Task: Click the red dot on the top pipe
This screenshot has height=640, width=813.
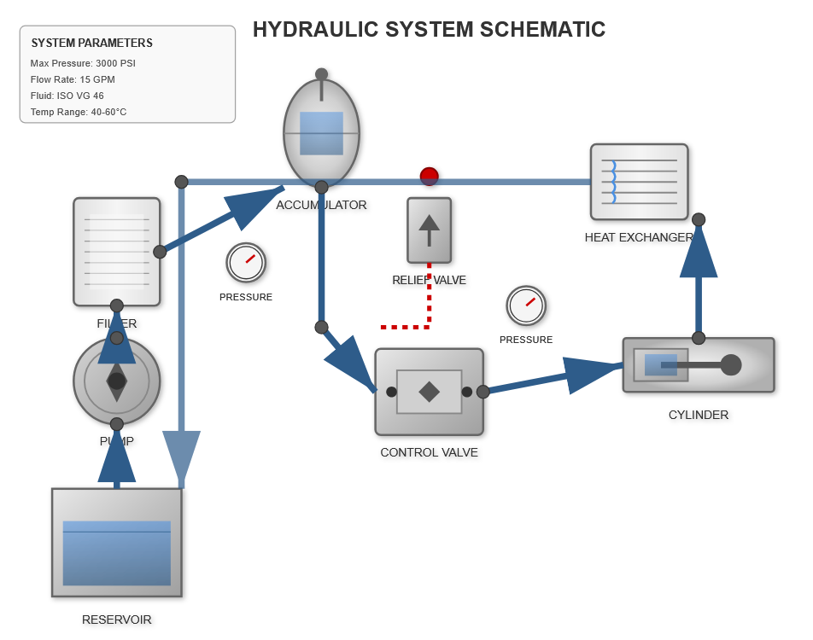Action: tap(430, 177)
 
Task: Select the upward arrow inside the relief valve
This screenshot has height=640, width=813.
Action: tap(430, 227)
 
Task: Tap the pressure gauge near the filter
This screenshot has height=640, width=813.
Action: tap(246, 263)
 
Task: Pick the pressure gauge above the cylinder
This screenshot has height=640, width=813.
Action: tap(526, 305)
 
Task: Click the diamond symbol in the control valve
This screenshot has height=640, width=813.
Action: tap(430, 392)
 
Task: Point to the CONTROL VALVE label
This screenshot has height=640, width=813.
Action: tap(429, 452)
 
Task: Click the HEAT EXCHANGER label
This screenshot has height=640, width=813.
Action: tap(639, 237)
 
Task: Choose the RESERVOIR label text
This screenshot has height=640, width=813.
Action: tap(117, 620)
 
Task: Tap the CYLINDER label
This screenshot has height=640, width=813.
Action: tap(699, 415)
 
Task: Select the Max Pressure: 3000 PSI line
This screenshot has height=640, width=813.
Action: tap(83, 63)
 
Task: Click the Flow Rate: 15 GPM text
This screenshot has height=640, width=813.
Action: tap(73, 79)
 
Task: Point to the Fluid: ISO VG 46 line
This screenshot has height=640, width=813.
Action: tap(67, 96)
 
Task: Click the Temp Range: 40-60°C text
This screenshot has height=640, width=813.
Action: tap(79, 112)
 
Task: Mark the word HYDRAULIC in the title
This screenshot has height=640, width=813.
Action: tap(315, 30)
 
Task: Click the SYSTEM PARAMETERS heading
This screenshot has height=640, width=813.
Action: tap(92, 43)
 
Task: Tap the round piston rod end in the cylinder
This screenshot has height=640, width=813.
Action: tap(731, 365)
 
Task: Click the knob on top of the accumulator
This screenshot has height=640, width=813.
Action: tap(321, 74)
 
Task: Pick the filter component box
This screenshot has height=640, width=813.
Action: tap(117, 252)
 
